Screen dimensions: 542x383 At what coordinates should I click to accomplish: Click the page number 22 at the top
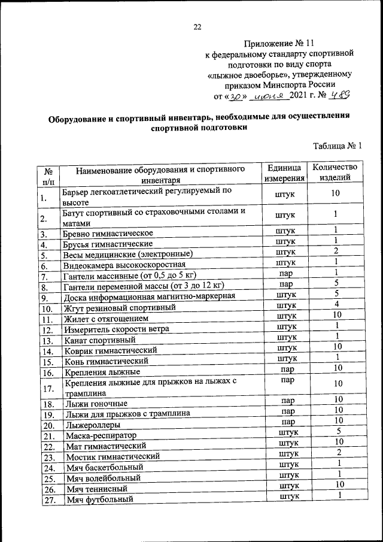click(197, 26)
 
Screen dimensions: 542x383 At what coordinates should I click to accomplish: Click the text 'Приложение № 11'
click(279, 43)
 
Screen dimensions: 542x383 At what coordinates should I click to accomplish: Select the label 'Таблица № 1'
click(338, 146)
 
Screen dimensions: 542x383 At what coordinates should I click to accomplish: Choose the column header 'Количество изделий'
click(335, 173)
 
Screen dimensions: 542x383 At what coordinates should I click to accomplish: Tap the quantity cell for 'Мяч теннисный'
click(338, 484)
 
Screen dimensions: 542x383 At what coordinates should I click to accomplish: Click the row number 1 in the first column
click(44, 198)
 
